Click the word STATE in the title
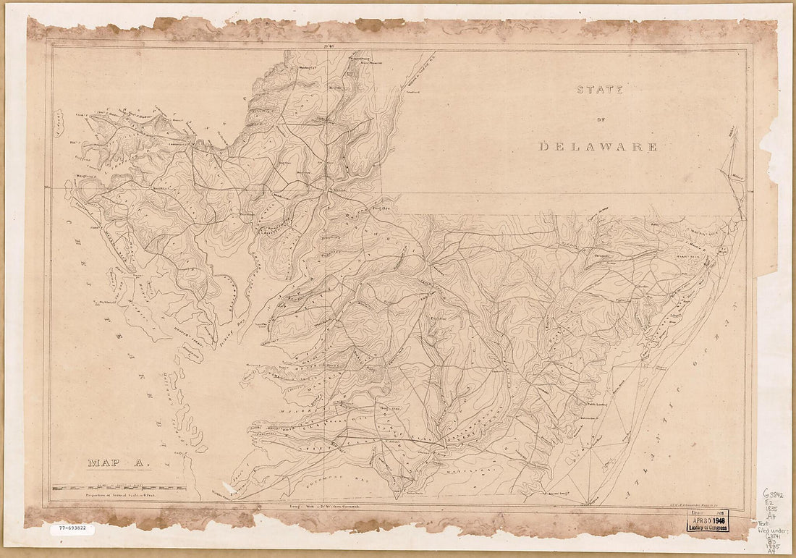pos(600,90)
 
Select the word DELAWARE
pos(598,147)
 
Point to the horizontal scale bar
pos(119,488)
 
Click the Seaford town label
pos(412,92)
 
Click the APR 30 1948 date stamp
pos(708,520)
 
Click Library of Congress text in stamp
pos(708,528)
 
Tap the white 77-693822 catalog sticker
pos(72,529)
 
